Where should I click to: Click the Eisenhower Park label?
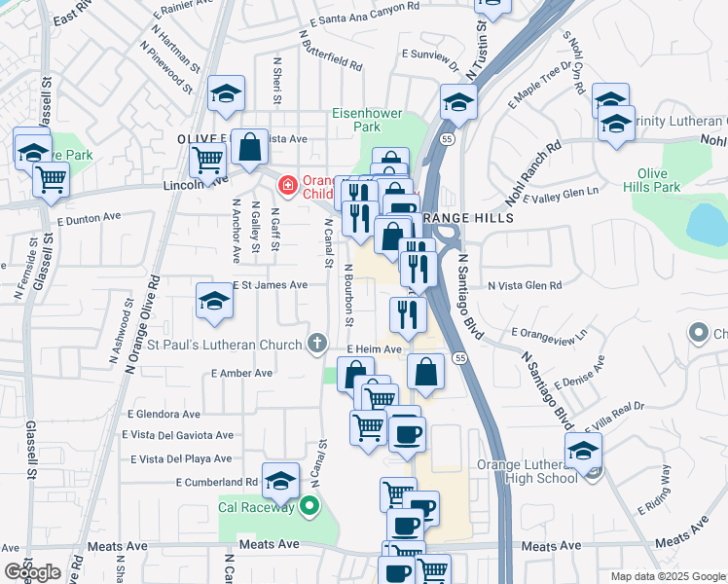367,120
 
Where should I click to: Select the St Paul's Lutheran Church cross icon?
316,344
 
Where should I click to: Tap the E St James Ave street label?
271,285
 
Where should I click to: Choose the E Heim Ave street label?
374,349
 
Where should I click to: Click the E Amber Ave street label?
242,374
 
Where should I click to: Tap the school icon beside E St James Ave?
214,302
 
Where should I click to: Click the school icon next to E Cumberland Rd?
280,481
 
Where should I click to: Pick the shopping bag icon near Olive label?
249,148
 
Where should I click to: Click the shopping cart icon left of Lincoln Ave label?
208,158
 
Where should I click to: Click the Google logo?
32,572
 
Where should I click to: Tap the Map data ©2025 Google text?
668,576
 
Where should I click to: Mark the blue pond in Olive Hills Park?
708,225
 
